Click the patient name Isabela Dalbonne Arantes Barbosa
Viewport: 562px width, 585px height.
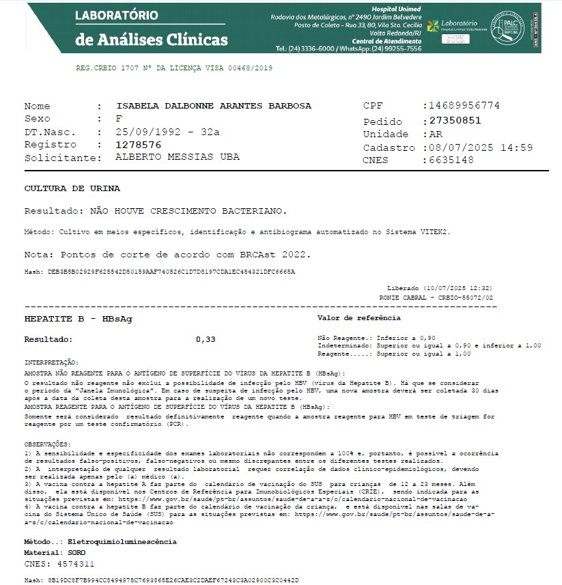214,106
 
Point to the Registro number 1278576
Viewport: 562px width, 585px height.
139,145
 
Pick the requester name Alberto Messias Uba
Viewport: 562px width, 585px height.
178,157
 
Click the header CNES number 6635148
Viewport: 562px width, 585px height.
451,160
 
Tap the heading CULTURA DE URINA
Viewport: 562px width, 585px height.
72,188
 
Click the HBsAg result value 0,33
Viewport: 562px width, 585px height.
206,339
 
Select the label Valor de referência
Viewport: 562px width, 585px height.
359,318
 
